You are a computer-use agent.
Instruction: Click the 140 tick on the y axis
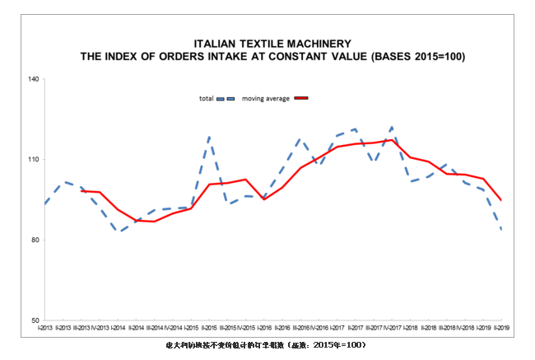point(34,79)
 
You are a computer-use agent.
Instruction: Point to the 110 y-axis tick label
point(34,160)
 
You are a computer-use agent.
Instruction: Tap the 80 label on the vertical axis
point(35,241)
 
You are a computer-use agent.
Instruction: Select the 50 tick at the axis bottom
point(35,320)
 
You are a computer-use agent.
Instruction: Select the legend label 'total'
point(207,99)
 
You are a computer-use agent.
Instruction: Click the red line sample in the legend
point(300,99)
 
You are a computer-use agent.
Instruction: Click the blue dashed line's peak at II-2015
point(210,137)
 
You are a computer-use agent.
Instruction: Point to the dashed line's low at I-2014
point(119,232)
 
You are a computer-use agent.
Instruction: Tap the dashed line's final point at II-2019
point(501,228)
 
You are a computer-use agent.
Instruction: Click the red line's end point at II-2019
point(501,200)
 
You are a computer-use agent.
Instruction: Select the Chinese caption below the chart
point(265,344)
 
